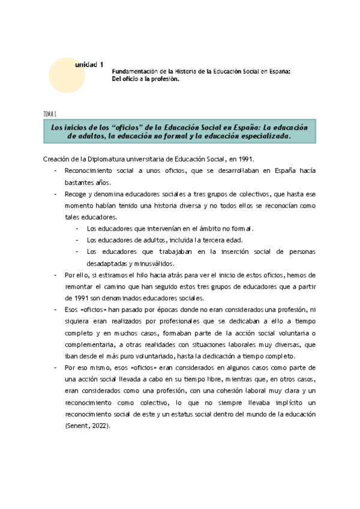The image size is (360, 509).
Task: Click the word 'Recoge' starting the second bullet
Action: [76, 194]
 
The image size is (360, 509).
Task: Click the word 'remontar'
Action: [78, 286]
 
